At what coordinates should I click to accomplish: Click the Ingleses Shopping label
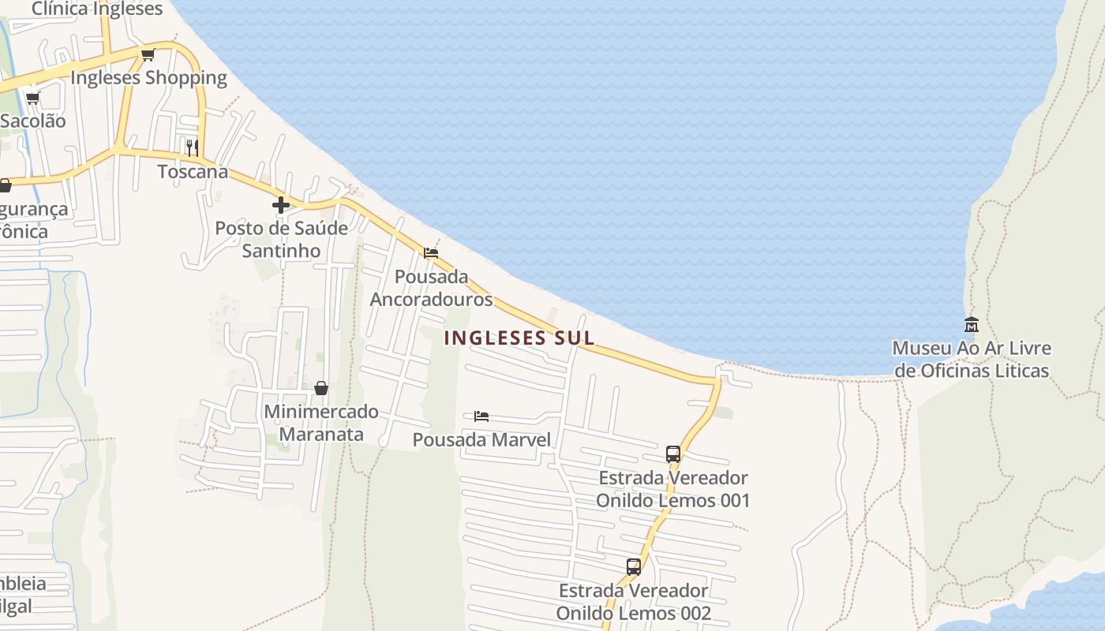pos(148,77)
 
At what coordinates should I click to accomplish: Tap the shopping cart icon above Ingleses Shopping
pos(148,54)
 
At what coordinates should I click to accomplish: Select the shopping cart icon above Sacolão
pos(32,98)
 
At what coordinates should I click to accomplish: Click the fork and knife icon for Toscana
pos(192,147)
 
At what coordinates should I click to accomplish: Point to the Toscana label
pos(193,171)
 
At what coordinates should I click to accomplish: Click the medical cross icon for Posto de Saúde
pos(280,205)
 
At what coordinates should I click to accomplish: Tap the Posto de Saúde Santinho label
pos(281,240)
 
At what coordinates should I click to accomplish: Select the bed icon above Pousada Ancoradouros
pos(431,253)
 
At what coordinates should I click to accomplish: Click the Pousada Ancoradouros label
pos(431,288)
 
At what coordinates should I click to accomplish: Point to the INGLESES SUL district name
pos(519,338)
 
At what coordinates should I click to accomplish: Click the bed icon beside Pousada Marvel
pos(481,416)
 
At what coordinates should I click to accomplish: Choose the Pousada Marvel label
pos(481,439)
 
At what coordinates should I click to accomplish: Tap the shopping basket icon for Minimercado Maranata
pos(321,388)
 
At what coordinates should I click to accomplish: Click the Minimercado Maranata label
pos(321,423)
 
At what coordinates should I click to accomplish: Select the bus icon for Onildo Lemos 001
pos(673,454)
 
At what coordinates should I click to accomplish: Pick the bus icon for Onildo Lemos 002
pos(633,567)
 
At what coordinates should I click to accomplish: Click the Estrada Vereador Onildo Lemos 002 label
pos(633,602)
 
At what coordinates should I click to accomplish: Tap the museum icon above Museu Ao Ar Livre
pos(972,324)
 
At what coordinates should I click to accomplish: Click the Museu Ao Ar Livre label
pos(972,359)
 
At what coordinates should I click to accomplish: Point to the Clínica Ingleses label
pos(97,9)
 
